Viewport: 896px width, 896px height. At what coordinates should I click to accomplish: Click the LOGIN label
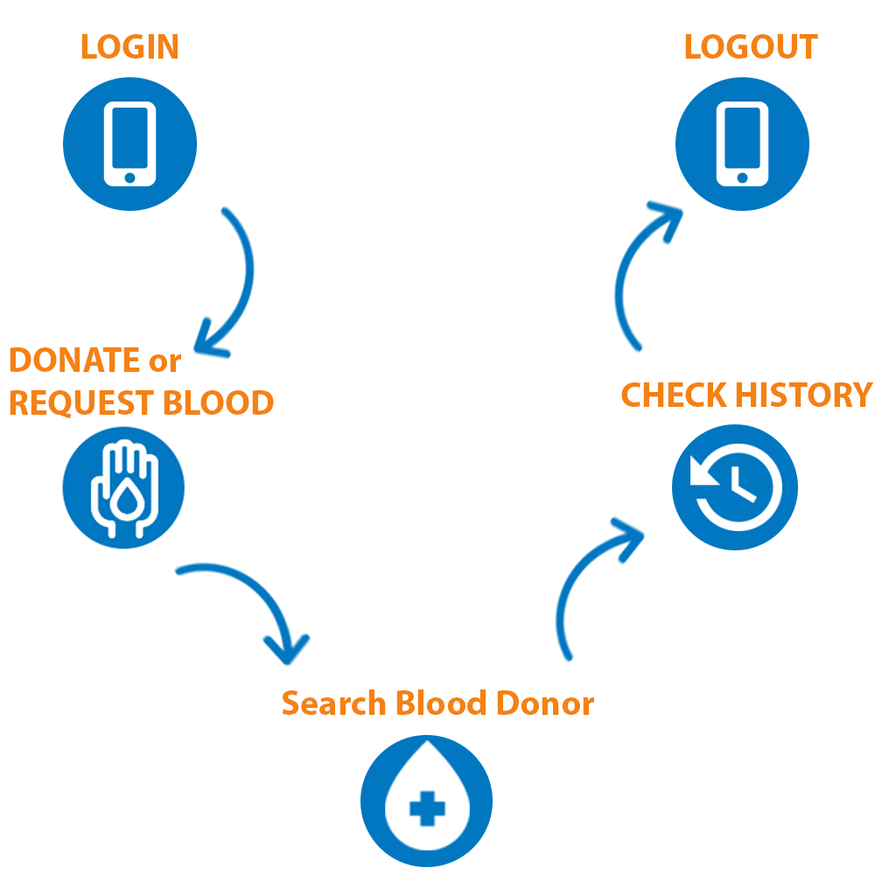129,46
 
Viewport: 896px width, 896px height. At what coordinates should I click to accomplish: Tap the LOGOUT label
750,46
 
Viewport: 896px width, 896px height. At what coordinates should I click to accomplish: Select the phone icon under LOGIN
129,144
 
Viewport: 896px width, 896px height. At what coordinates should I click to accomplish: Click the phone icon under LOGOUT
742,144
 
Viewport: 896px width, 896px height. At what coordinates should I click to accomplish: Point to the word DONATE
74,360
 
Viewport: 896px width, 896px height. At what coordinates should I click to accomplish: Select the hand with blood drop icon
123,488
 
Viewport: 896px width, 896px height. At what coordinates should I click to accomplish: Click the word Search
333,703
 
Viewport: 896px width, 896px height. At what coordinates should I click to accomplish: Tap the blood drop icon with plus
426,801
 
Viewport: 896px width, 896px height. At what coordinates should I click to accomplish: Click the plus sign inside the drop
426,808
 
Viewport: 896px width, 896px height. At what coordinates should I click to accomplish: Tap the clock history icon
734,487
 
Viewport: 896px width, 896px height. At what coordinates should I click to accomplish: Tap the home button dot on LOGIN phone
129,178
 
